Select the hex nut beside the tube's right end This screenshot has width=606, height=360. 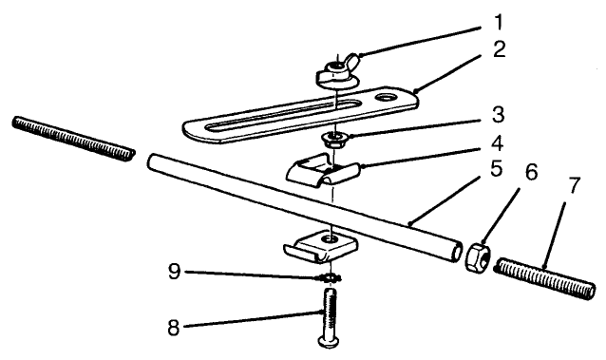tap(477, 256)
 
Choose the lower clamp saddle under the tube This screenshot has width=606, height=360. tap(322, 249)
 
